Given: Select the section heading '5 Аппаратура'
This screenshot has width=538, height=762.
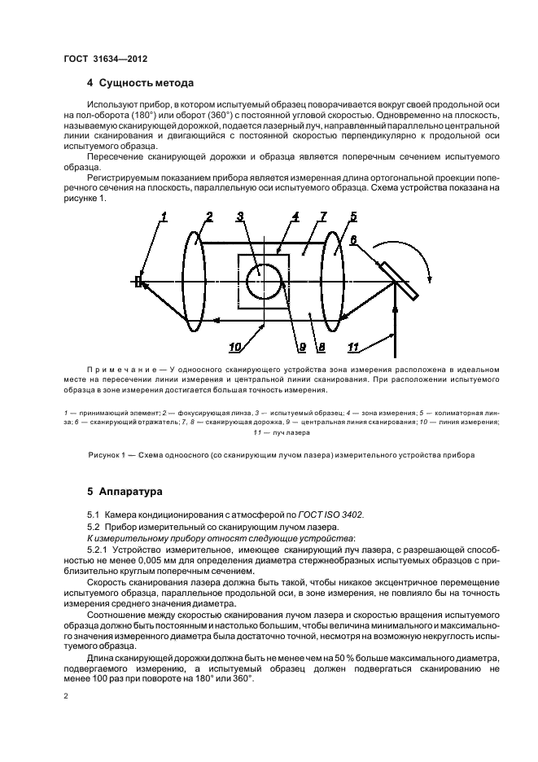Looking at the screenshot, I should point(125,493).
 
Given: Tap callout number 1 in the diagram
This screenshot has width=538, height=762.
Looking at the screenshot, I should point(164,217).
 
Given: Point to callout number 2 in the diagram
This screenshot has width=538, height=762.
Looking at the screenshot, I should point(209,217).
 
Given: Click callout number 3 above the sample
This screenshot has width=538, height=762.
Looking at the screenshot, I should point(240,217).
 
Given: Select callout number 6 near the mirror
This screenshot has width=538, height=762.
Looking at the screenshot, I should point(353,240).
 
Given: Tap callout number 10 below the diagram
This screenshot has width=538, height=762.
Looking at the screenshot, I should point(234,348).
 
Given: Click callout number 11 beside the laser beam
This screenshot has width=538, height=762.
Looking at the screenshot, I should point(352,348).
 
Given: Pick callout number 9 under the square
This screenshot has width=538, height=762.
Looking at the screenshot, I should point(301,348).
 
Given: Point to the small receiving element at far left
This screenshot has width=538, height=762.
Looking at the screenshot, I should point(138,282).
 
